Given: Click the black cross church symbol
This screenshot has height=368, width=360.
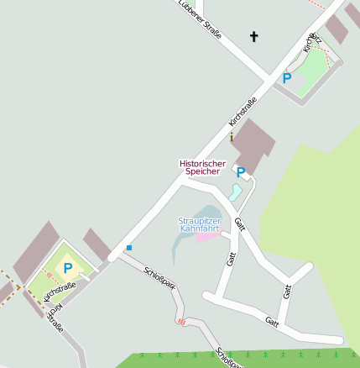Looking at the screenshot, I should tap(254, 36).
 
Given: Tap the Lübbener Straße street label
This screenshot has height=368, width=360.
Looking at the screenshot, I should tap(200, 18).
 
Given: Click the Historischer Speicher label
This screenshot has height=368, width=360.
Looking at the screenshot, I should tap(200, 167).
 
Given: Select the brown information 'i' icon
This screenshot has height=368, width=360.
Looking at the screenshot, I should tap(232, 137).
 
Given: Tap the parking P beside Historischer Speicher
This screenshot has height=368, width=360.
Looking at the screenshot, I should tap(241, 173).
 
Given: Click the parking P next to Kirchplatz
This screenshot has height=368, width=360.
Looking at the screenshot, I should tap(286, 78).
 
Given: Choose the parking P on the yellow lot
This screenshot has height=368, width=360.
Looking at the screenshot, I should tap(68, 268).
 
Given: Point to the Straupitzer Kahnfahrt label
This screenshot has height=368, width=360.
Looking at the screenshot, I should tap(199, 224).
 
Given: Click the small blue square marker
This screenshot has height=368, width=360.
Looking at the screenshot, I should tap(129, 247).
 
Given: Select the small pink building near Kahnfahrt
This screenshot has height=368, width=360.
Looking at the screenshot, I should tap(207, 236).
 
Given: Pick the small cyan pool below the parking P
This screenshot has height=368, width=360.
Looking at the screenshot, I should tap(236, 193).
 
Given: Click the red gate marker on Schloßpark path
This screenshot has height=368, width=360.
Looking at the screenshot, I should tap(181, 321).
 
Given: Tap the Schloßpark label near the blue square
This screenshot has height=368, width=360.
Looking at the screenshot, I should tap(159, 278).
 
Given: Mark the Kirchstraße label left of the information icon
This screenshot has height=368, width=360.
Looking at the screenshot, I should tap(243, 113).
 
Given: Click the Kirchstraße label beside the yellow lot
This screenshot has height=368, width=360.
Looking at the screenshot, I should tap(59, 293).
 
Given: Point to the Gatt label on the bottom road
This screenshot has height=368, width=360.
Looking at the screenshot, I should tap(271, 322).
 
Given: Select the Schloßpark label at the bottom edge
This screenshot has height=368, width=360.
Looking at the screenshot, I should tap(229, 358).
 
